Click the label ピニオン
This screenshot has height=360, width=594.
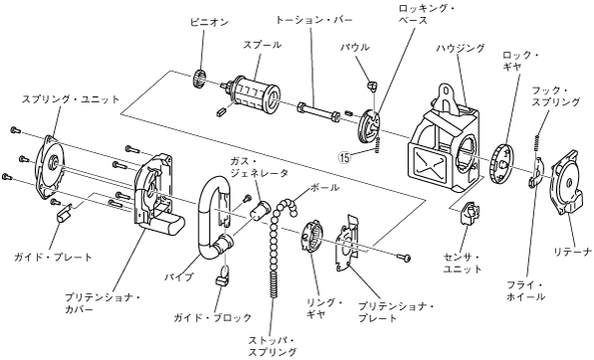coord(209,22)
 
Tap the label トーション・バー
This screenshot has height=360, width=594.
coord(313,20)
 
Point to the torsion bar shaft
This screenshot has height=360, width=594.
coord(317,110)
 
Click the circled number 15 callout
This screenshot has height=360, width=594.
coord(345,157)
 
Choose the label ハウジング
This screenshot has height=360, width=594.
coord(461,49)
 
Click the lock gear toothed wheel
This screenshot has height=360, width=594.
coord(501,164)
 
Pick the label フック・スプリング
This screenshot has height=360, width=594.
coord(556,96)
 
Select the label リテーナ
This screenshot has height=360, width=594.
coord(572,252)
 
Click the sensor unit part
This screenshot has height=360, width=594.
coord(470,213)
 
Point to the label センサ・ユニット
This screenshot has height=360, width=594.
coord(462,264)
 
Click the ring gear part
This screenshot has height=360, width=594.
coord(311,236)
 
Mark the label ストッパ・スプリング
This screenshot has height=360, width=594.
coord(272,346)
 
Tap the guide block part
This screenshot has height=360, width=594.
coord(221,280)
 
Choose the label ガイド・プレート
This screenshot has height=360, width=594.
coord(53,258)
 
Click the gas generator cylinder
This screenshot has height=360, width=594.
coord(261,210)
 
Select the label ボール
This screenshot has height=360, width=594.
coord(324,187)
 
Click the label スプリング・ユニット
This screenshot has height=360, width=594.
coord(71,99)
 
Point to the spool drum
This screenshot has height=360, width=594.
coord(255,95)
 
